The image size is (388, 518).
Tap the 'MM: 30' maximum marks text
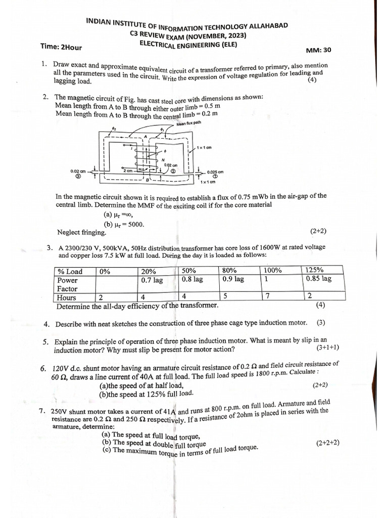click(318, 50)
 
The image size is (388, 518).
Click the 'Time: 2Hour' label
click(61, 47)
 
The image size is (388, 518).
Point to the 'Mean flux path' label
click(189, 123)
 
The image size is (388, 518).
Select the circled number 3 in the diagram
click(78, 177)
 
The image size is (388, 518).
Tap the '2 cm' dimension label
click(128, 171)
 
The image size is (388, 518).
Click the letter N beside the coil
click(163, 159)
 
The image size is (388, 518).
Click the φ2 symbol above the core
click(114, 128)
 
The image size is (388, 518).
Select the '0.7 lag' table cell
click(152, 280)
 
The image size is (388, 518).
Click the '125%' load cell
click(315, 270)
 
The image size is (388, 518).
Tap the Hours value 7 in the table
click(268, 296)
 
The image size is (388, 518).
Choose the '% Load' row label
click(70, 272)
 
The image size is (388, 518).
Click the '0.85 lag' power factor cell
click(319, 279)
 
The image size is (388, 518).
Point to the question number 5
click(45, 342)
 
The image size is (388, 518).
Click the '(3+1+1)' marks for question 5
click(327, 348)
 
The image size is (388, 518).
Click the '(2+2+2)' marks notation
click(327, 443)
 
